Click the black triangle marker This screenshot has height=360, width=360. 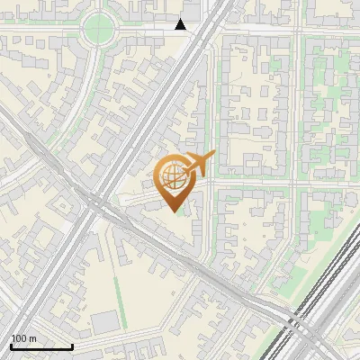[181, 24]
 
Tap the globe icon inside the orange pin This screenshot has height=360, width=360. [173, 175]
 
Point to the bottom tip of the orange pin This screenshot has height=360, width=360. [174, 211]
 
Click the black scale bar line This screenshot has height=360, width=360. [41, 346]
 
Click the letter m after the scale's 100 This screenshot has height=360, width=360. [33, 338]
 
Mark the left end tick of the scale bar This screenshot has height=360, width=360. [11, 345]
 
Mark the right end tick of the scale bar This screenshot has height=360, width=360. [72, 345]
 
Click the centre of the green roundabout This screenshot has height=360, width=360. [99, 31]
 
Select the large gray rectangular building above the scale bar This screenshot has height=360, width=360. [105, 321]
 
